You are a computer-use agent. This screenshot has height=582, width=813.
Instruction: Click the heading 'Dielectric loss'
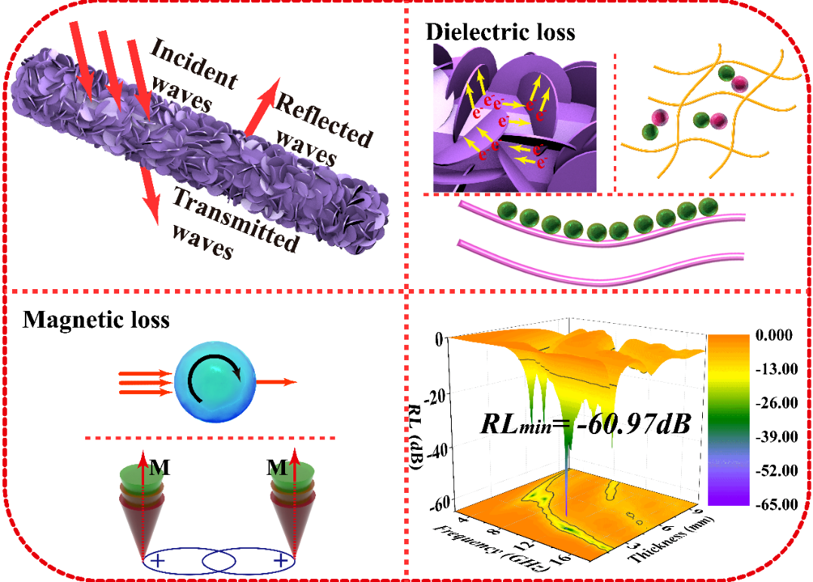[500, 32]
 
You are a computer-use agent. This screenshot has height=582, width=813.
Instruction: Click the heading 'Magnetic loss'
[96, 320]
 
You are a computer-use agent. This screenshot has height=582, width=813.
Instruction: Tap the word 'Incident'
[194, 63]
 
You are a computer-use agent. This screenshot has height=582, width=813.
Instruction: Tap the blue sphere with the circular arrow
[215, 382]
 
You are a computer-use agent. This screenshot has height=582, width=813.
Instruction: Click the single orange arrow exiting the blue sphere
[276, 382]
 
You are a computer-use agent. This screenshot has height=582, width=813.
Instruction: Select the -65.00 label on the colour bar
[776, 504]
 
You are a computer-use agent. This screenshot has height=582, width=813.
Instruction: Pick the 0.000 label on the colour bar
[774, 335]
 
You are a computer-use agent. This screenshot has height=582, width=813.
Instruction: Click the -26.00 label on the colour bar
[776, 403]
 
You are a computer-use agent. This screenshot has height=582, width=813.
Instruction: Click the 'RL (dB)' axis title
[416, 437]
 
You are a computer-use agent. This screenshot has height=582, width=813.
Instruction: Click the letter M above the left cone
[159, 468]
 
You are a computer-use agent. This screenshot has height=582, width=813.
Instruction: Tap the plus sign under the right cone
[281, 561]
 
